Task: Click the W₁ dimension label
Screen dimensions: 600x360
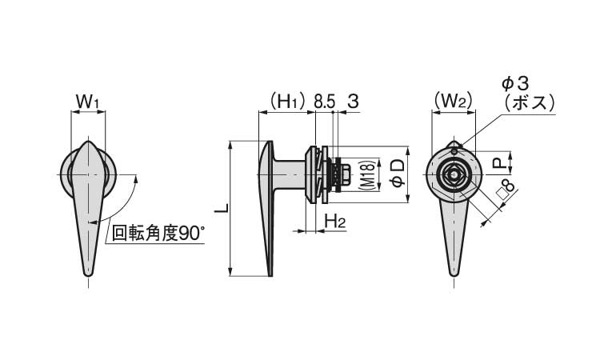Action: [88, 102]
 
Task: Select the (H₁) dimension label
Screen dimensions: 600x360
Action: [287, 102]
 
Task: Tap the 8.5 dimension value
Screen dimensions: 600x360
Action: [325, 102]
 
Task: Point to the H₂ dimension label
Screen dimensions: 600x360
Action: [335, 222]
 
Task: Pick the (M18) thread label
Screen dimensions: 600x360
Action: [366, 175]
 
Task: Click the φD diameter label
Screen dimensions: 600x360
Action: [398, 174]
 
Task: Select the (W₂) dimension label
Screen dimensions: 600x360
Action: [453, 102]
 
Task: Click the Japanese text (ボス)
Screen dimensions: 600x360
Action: [530, 102]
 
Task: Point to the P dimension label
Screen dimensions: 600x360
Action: [498, 163]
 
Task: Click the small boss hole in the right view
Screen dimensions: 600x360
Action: [454, 152]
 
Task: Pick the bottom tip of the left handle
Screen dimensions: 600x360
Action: [88, 275]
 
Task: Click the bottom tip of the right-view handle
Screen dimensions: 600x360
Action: [454, 274]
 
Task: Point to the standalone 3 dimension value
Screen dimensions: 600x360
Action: [354, 102]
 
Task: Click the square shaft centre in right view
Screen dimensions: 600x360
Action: [454, 175]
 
